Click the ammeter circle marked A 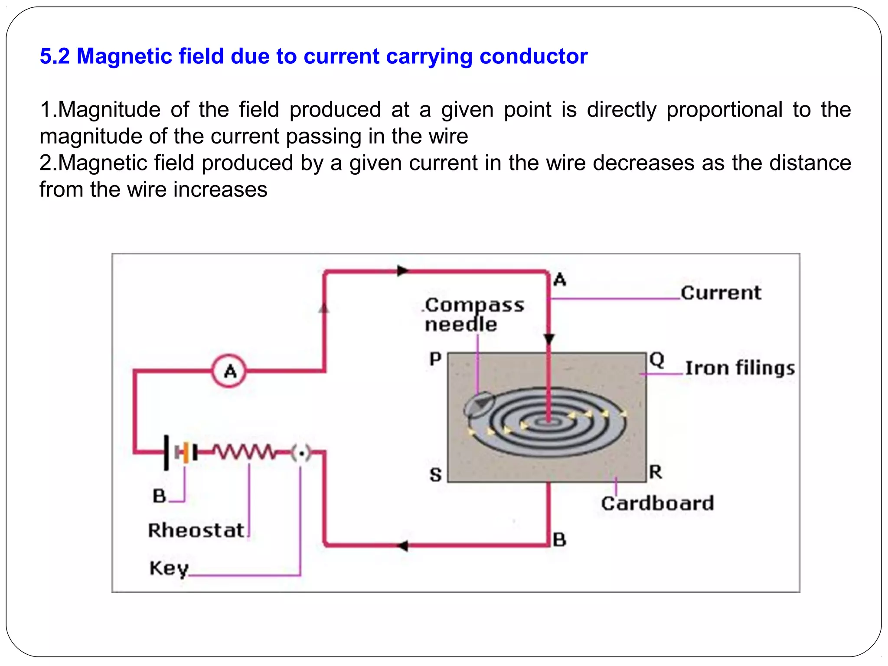pyautogui.click(x=229, y=371)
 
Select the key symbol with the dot pyautogui.click(x=301, y=453)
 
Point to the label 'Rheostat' pyautogui.click(x=196, y=530)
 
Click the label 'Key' pyautogui.click(x=169, y=568)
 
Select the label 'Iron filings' pyautogui.click(x=740, y=368)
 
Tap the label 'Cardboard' pyautogui.click(x=657, y=503)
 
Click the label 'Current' pyautogui.click(x=720, y=293)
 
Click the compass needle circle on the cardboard pyautogui.click(x=479, y=405)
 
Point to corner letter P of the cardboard pyautogui.click(x=435, y=359)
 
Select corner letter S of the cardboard pyautogui.click(x=435, y=475)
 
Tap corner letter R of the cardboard pyautogui.click(x=656, y=472)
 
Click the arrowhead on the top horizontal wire pyautogui.click(x=403, y=271)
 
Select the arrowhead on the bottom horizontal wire pyautogui.click(x=403, y=545)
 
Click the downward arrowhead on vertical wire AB pyautogui.click(x=549, y=339)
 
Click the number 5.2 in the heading pyautogui.click(x=55, y=56)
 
